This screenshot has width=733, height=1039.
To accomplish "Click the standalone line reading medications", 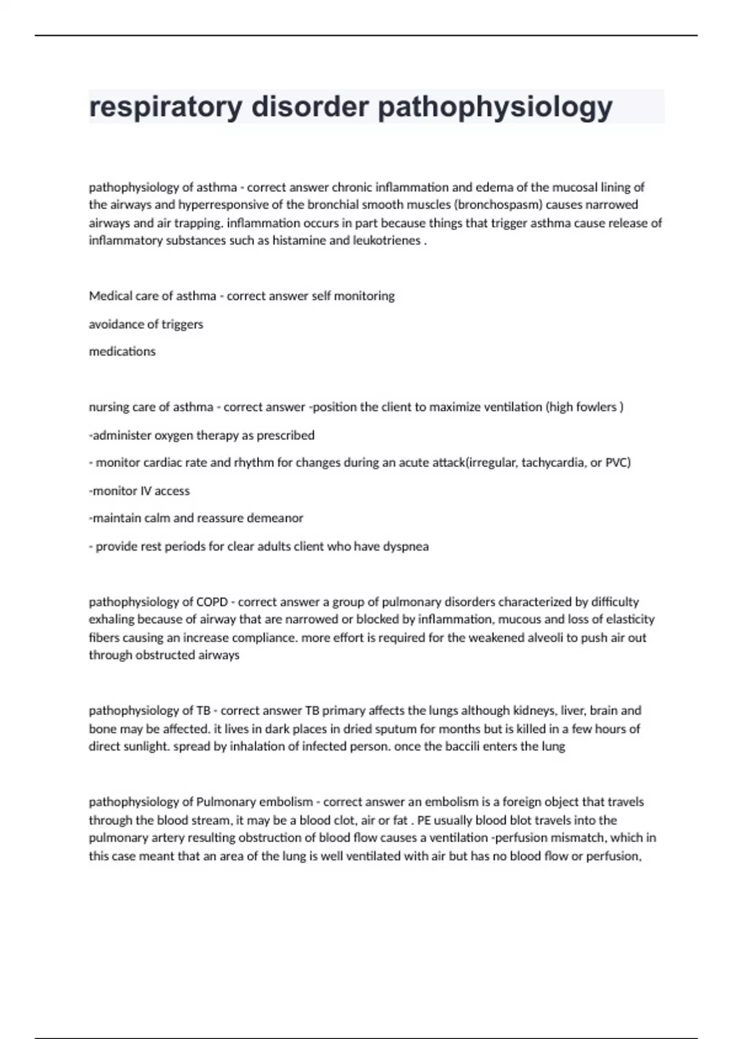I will (122, 352).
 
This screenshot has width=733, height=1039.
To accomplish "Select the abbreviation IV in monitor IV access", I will (147, 491).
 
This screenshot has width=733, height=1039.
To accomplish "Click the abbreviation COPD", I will (212, 602).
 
